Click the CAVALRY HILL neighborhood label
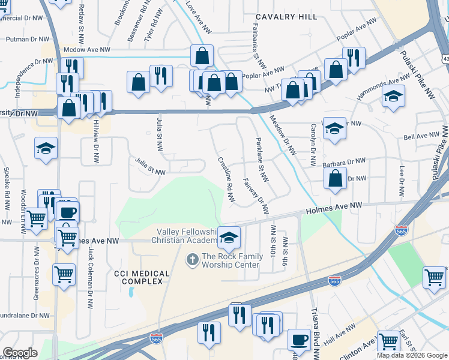[x=286, y=17]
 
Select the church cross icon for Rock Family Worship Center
[x=192, y=260]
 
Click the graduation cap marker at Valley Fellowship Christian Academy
[x=228, y=238]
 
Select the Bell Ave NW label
[x=421, y=137]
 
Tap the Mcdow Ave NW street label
[x=88, y=50]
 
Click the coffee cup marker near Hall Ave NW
[x=298, y=340]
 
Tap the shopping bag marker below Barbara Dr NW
[x=334, y=178]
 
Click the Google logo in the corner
[x=20, y=353]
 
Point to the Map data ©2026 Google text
[x=411, y=355]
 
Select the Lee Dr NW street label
[x=400, y=178]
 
